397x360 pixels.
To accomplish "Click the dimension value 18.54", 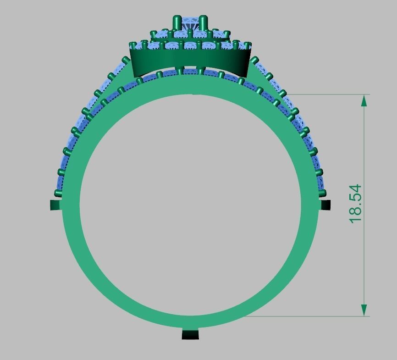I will pyautogui.click(x=356, y=204).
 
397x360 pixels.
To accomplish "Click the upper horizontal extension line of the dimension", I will pyautogui.click(x=321, y=94).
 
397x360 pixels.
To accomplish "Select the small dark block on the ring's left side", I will pyautogui.click(x=55, y=205).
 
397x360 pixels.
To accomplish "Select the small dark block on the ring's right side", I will pyautogui.click(x=325, y=204).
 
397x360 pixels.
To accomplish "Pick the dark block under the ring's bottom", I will pyautogui.click(x=191, y=335).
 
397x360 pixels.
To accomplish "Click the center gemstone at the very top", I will pyautogui.click(x=190, y=23).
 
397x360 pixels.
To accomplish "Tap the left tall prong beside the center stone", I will pyautogui.click(x=176, y=24).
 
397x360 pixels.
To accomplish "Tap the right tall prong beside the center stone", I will pyautogui.click(x=204, y=24).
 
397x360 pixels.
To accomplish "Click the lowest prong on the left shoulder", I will pyautogui.click(x=58, y=193).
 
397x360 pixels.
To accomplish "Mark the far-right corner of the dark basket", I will pyautogui.click(x=251, y=50).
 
